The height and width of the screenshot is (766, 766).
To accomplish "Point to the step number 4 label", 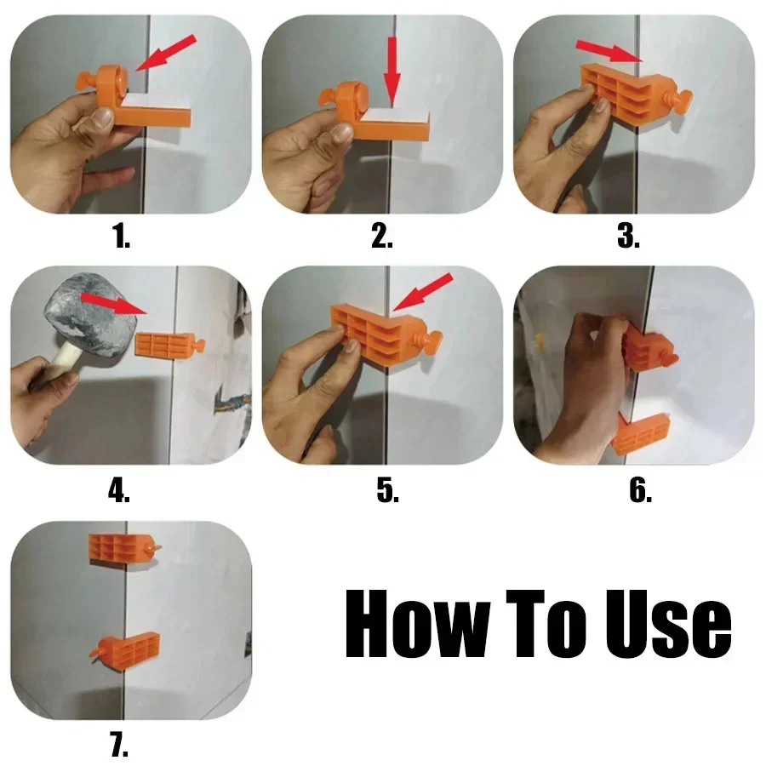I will [x=119, y=491].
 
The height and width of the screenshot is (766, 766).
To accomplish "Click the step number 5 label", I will [x=387, y=491].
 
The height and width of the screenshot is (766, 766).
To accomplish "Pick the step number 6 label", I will [x=640, y=491].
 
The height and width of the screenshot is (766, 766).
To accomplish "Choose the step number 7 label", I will [x=119, y=746].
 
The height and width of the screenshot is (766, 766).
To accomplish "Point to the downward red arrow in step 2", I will [x=392, y=71].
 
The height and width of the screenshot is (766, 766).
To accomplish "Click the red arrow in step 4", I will [x=111, y=305].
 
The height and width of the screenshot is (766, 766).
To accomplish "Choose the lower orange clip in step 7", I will [x=128, y=649].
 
